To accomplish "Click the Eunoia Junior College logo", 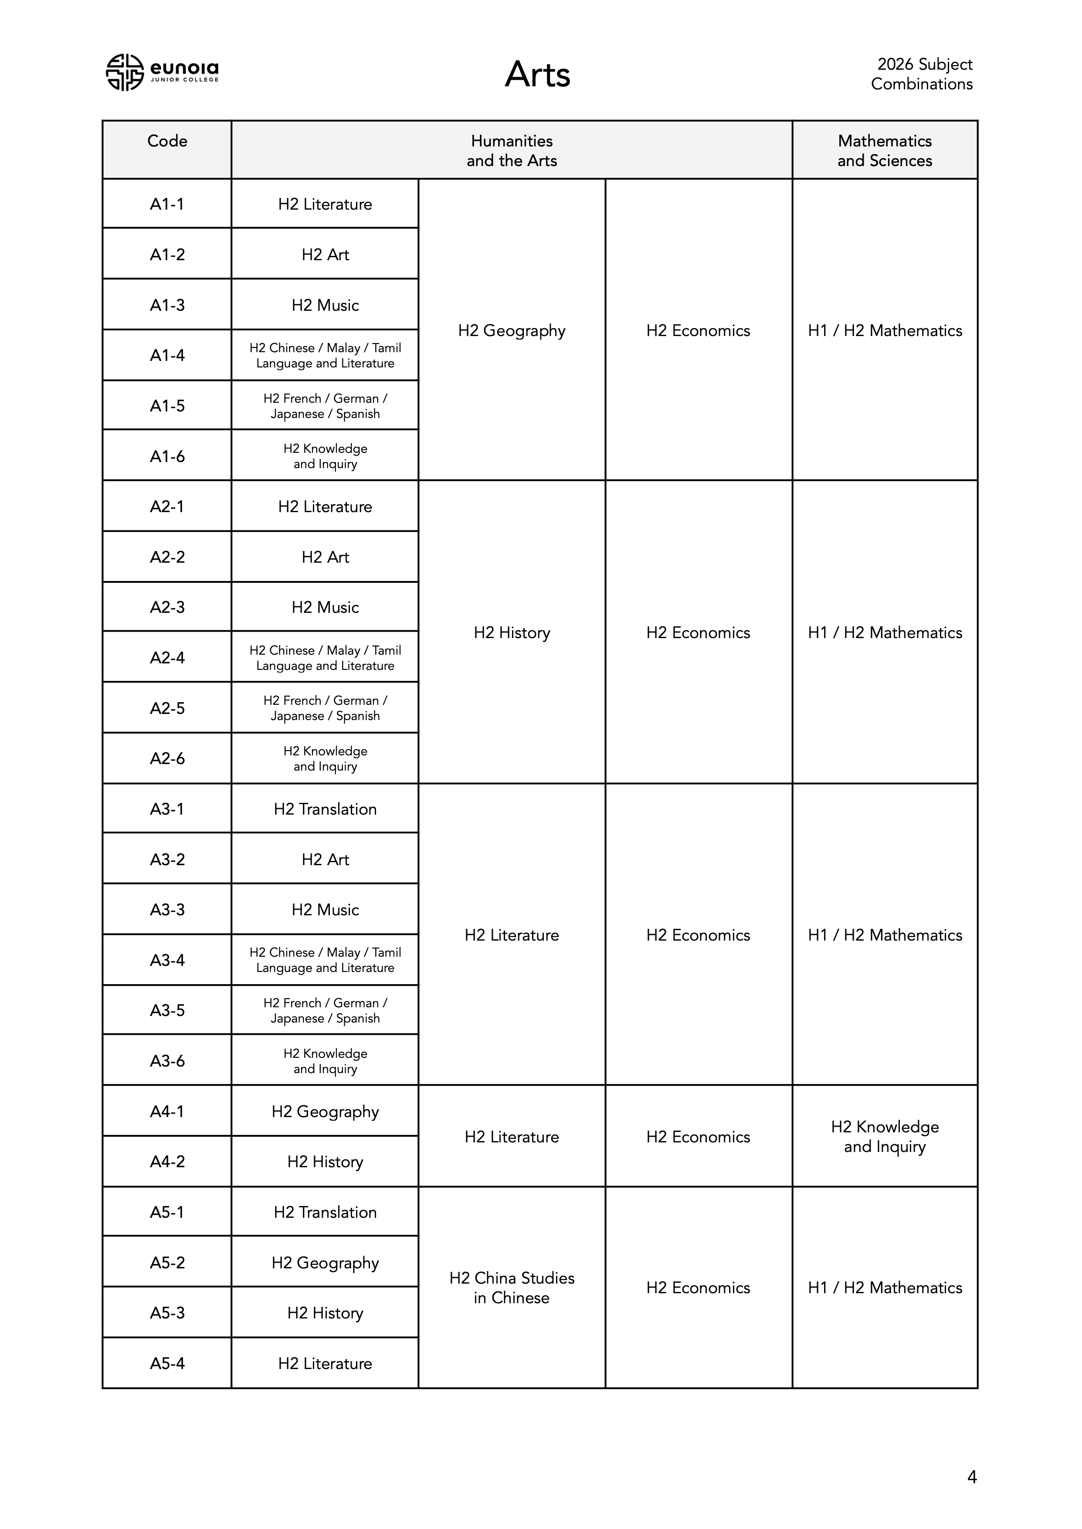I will tap(162, 72).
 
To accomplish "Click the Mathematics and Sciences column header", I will tap(884, 150).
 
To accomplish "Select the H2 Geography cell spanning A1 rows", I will tap(511, 330).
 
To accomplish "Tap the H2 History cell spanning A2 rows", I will tap(511, 632).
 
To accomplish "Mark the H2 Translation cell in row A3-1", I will tap(325, 809).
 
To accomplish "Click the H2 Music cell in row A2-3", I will tap(325, 607).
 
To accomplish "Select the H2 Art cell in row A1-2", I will tap(325, 255).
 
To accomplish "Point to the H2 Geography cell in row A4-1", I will tap(325, 1111).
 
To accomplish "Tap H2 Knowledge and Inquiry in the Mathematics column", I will tap(884, 1137).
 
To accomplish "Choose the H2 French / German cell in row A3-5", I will tap(325, 1010).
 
